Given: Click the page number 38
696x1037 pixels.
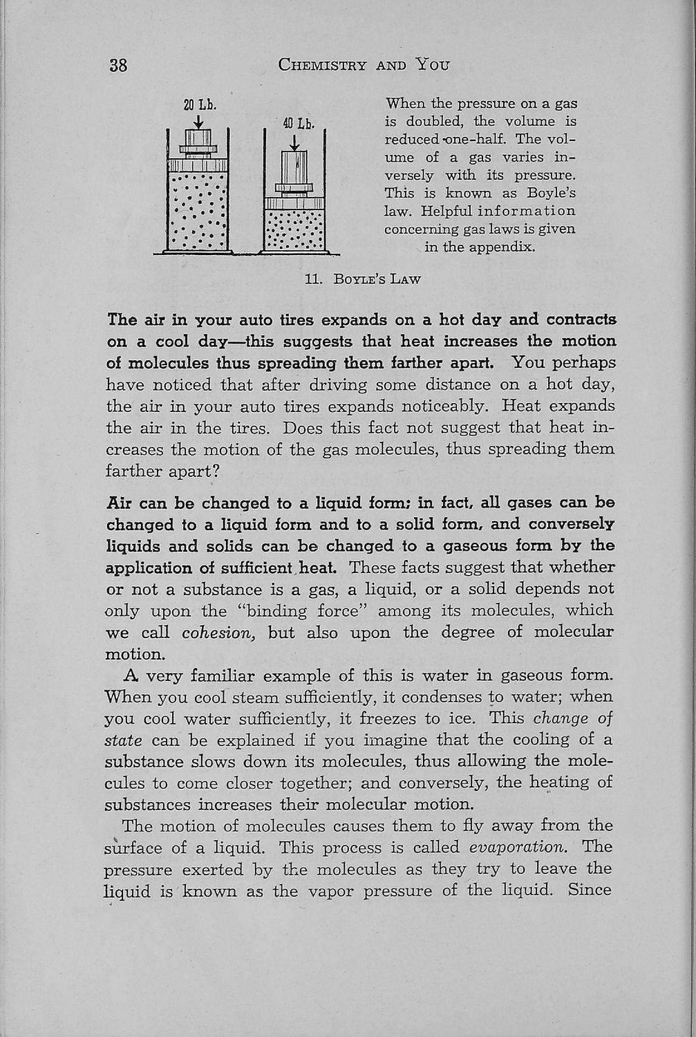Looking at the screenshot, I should click(x=117, y=66).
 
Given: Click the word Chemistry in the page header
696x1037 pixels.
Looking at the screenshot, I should click(x=321, y=66).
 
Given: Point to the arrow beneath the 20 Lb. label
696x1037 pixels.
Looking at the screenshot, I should click(x=199, y=122).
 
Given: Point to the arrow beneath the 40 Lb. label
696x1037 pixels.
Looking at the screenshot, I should click(x=294, y=142).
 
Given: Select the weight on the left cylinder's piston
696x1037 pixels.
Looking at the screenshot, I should click(x=199, y=144).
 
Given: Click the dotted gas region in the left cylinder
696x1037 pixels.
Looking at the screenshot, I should click(x=198, y=211).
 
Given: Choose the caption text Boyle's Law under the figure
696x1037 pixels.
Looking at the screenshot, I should click(x=377, y=279).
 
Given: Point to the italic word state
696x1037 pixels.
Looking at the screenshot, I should click(x=123, y=740).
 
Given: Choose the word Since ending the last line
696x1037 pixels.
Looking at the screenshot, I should click(x=590, y=890).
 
